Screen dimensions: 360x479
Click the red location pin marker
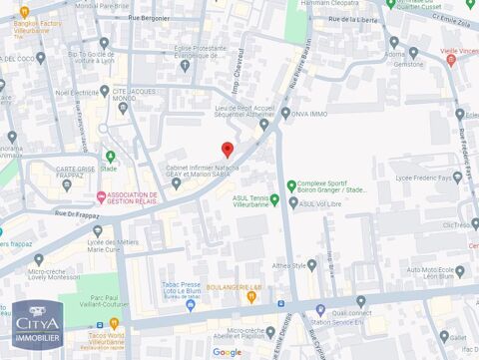(x=227, y=150)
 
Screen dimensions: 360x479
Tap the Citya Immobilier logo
(x=38, y=325)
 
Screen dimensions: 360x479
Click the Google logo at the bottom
(x=227, y=351)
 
